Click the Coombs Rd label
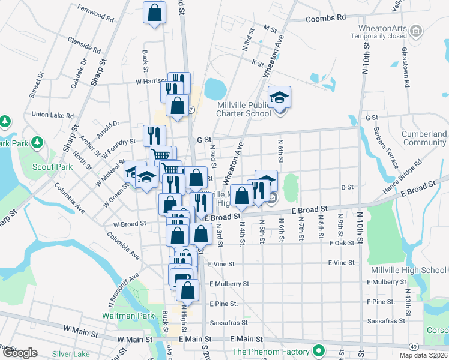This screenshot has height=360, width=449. (x=326, y=18)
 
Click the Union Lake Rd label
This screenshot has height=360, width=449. (x=52, y=115)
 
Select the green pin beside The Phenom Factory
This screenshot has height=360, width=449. (x=320, y=352)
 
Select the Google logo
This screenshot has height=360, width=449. (x=20, y=353)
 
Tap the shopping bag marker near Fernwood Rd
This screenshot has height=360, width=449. (x=155, y=13)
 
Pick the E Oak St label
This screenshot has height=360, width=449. (x=341, y=243)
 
